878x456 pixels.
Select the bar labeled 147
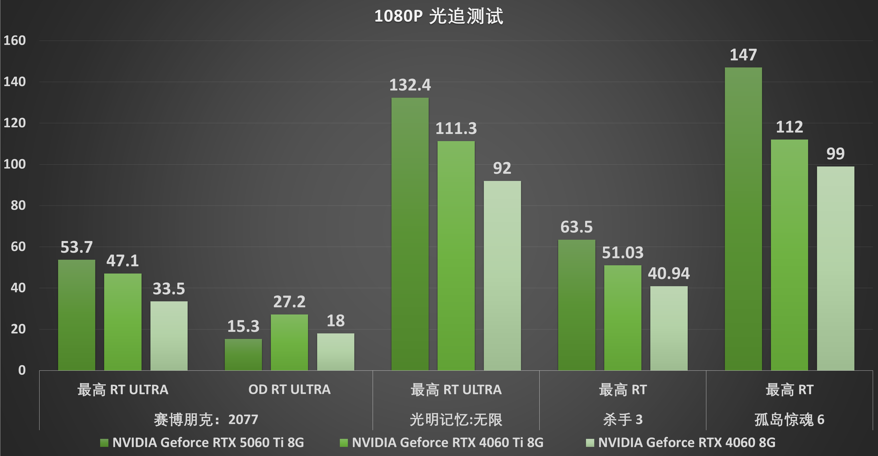(743, 218)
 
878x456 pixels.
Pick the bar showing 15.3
(243, 355)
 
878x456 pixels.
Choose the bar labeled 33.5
(169, 336)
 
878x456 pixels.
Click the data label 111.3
(456, 128)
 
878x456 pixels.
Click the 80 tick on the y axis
(18, 205)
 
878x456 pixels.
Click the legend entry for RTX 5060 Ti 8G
(208, 442)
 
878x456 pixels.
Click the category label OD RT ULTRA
(289, 389)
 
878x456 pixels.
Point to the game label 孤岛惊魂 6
(789, 420)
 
